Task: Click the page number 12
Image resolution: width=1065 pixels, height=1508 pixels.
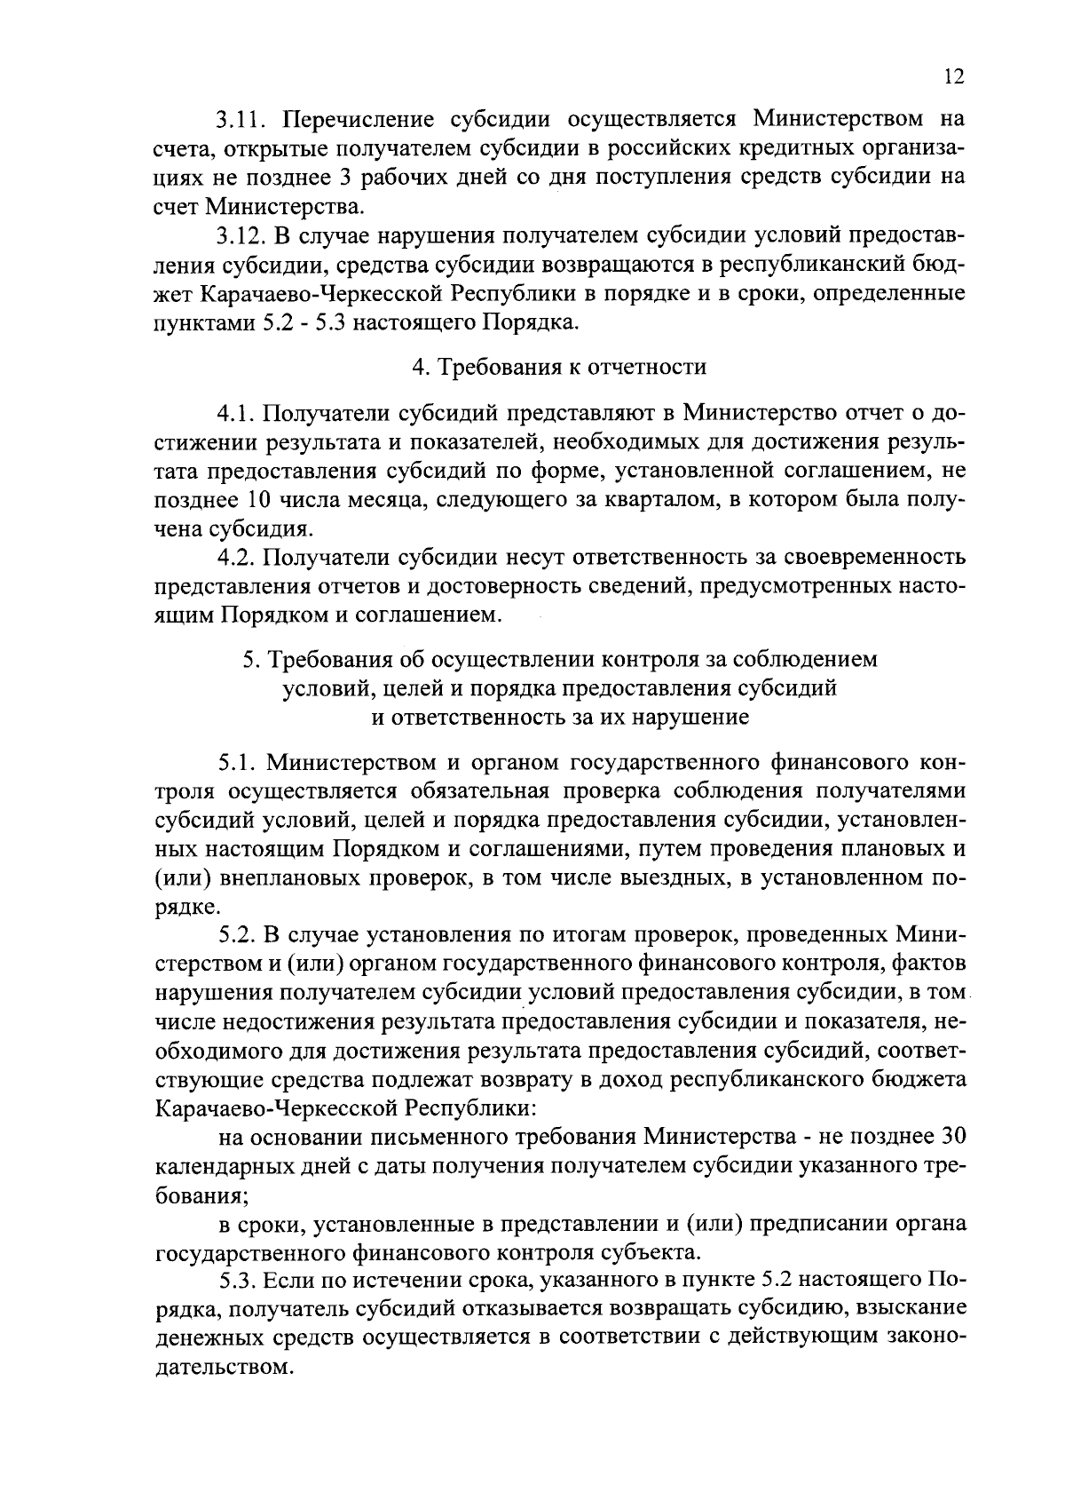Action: point(953,76)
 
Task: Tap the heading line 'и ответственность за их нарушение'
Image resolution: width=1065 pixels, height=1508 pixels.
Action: point(559,717)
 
